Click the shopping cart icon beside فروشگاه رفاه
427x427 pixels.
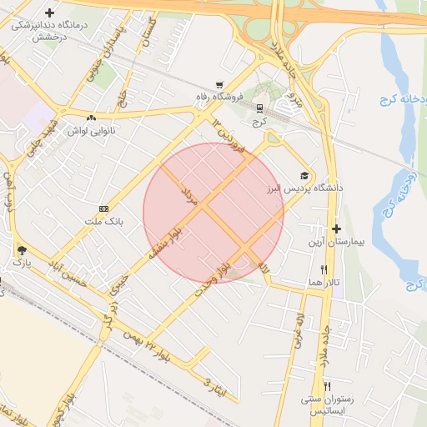pos(219,85)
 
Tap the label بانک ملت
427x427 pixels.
pos(103,222)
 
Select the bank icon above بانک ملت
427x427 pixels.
pos(103,208)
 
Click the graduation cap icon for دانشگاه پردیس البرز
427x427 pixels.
pos(305,175)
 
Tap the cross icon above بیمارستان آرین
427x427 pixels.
pos(336,229)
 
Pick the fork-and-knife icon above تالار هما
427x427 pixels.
pos(324,270)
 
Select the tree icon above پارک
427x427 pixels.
pos(20,249)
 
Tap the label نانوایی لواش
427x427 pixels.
pos(84,132)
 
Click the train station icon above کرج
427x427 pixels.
pos(260,108)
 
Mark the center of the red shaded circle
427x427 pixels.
pos(213,213)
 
